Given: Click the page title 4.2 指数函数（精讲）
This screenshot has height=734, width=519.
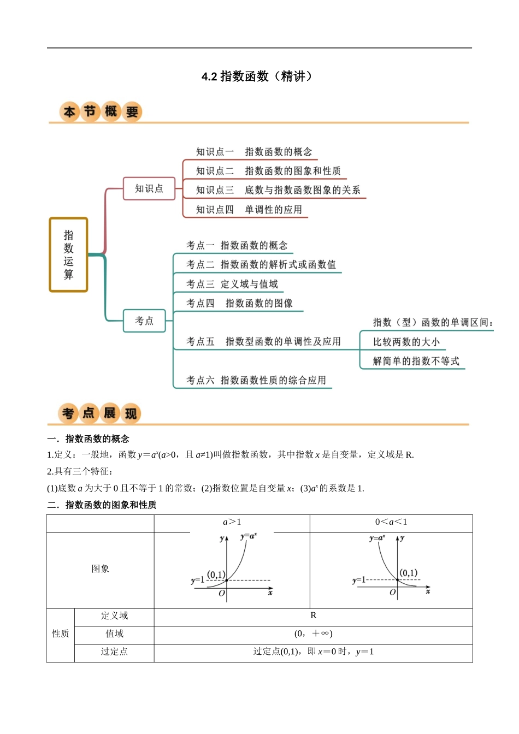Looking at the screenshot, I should click(257, 76).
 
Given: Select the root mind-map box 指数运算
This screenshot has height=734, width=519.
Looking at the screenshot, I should click(68, 254).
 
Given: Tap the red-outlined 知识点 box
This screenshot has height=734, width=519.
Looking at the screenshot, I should click(149, 188).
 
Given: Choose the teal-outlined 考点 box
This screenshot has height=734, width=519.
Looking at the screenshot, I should click(144, 321).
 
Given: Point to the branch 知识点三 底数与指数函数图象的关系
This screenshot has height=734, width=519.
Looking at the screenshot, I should click(278, 190).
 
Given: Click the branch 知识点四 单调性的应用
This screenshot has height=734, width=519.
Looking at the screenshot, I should click(249, 210).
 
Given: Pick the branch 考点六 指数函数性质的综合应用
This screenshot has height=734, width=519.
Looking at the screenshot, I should click(256, 380).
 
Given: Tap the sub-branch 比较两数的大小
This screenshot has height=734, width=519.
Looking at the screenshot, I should click(406, 342).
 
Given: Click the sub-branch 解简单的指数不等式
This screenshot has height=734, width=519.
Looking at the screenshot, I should click(416, 361).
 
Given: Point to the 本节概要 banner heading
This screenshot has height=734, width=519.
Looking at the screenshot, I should click(101, 112).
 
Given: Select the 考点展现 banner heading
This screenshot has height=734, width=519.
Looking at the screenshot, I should click(99, 413).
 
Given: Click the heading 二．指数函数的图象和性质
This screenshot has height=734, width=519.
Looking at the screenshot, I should click(102, 505).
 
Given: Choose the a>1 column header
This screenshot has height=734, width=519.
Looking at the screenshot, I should click(232, 522).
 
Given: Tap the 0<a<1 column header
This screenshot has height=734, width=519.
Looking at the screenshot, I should click(391, 522).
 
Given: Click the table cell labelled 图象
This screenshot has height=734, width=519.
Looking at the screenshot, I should click(101, 569).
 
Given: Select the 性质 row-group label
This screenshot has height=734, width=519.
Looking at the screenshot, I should click(60, 634).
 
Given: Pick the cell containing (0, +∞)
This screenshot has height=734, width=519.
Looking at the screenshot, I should click(313, 634).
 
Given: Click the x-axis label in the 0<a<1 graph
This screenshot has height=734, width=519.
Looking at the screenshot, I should click(428, 591).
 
